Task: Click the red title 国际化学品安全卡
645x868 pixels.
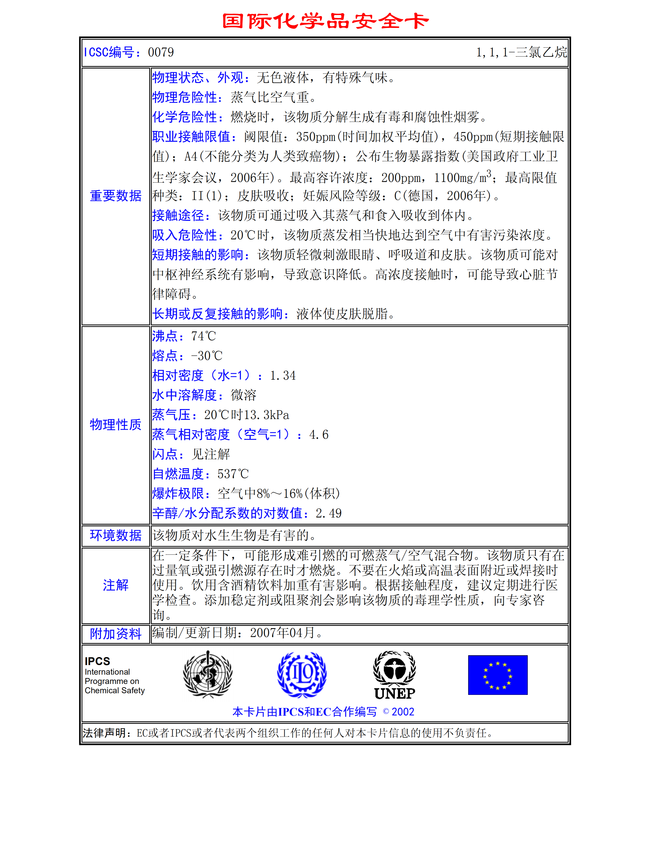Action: (x=325, y=21)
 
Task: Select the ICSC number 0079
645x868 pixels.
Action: (x=161, y=52)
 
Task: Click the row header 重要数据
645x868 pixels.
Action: (x=116, y=196)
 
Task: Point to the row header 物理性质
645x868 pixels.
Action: (x=116, y=425)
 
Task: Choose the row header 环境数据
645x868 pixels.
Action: (x=116, y=535)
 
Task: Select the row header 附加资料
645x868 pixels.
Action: (x=116, y=634)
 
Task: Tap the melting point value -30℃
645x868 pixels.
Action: (x=207, y=356)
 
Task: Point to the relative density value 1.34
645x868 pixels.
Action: (x=283, y=376)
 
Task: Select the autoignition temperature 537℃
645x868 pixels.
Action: (x=233, y=474)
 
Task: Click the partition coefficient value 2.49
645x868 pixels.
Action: (x=328, y=513)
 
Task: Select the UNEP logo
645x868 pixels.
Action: (x=394, y=675)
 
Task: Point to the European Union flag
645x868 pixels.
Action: (x=498, y=675)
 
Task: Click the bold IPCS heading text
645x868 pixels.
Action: (x=98, y=661)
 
